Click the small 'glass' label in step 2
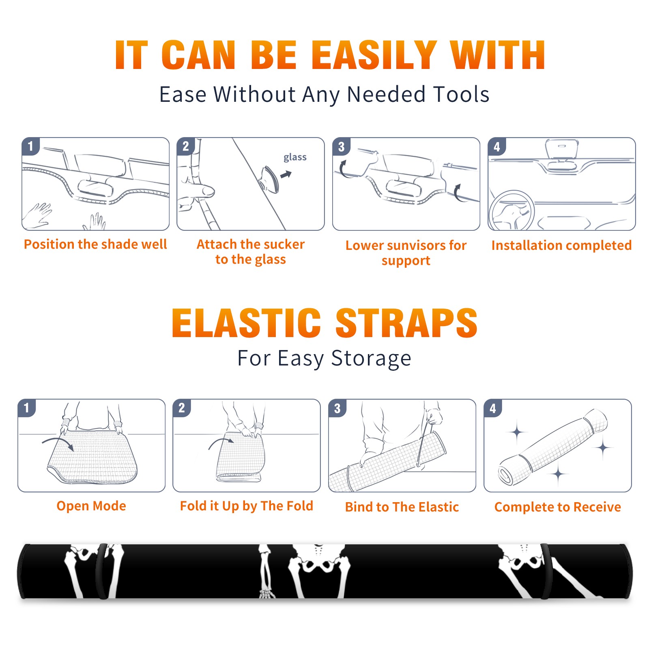coord(295,157)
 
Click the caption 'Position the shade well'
coord(95,244)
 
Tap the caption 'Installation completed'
coord(561,245)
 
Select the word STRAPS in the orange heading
coord(406,323)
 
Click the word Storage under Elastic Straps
coord(371,359)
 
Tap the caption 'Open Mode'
coord(91,506)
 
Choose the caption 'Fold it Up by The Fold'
coord(247,506)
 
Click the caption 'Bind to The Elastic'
coord(402,507)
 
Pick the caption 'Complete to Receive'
coord(558,507)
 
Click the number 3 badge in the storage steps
coord(337,408)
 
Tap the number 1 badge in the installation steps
coord(30,146)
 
